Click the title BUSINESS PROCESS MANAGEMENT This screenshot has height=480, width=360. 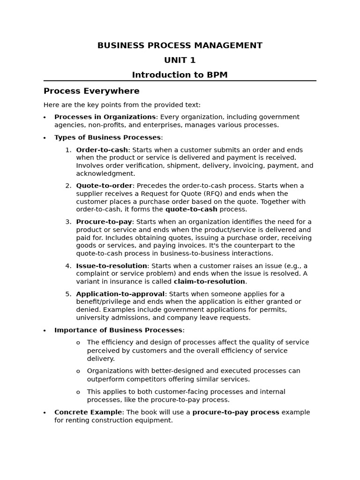coord(180,45)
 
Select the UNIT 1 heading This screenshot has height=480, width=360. coord(180,60)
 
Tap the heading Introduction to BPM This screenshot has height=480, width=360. coord(180,75)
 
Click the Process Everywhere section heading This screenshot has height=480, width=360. coord(91,91)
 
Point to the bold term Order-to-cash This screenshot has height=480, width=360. coord(102,150)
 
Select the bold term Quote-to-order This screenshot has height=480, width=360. coord(104,186)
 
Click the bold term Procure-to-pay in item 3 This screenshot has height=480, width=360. coord(104,222)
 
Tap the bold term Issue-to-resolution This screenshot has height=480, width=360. coord(111,266)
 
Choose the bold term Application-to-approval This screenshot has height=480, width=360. coord(120,294)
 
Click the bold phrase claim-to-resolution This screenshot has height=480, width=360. coord(209,282)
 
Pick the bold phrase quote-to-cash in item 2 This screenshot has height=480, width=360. coord(191,210)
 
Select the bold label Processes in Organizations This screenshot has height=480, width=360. coord(105,117)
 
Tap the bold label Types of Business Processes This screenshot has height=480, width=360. coord(107,137)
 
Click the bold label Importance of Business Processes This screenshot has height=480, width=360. coord(118,330)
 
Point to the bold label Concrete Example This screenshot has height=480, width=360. coord(88,412)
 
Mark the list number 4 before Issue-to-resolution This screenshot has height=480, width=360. coord(68,266)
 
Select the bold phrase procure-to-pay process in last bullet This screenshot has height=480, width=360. coord(236,412)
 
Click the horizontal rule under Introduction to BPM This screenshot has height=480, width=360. coord(180,81)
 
